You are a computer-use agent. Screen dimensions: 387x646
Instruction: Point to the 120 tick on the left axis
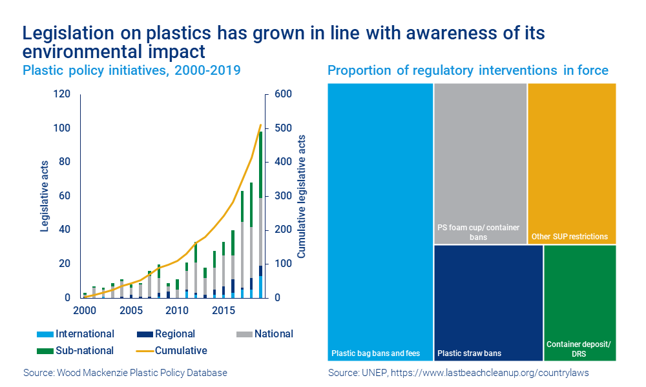pos(62,94)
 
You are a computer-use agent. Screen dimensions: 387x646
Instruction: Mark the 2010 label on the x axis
pos(177,311)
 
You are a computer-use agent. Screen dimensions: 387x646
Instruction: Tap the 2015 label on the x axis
pos(223,311)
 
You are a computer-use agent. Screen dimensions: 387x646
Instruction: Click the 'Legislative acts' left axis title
pos(45,196)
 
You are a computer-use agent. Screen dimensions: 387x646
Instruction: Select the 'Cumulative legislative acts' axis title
pos(302,196)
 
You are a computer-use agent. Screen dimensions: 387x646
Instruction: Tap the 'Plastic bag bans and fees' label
pos(375,353)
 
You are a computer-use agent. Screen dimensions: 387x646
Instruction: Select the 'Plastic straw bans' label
pos(469,353)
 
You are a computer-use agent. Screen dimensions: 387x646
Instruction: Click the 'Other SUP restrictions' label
pos(569,237)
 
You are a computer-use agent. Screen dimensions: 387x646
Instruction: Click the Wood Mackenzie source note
pos(125,373)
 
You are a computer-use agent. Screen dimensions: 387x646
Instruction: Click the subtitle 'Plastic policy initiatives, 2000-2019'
pos(132,70)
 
